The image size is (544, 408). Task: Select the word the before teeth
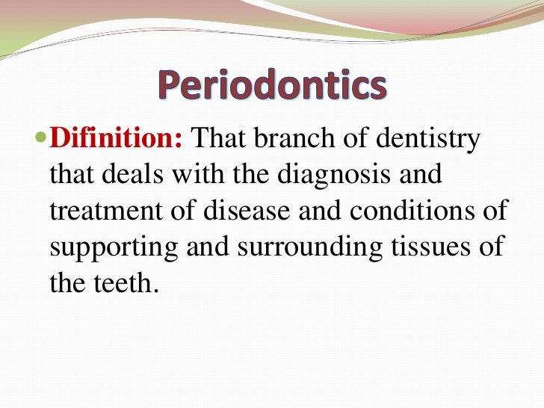pyautogui.click(x=68, y=284)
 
